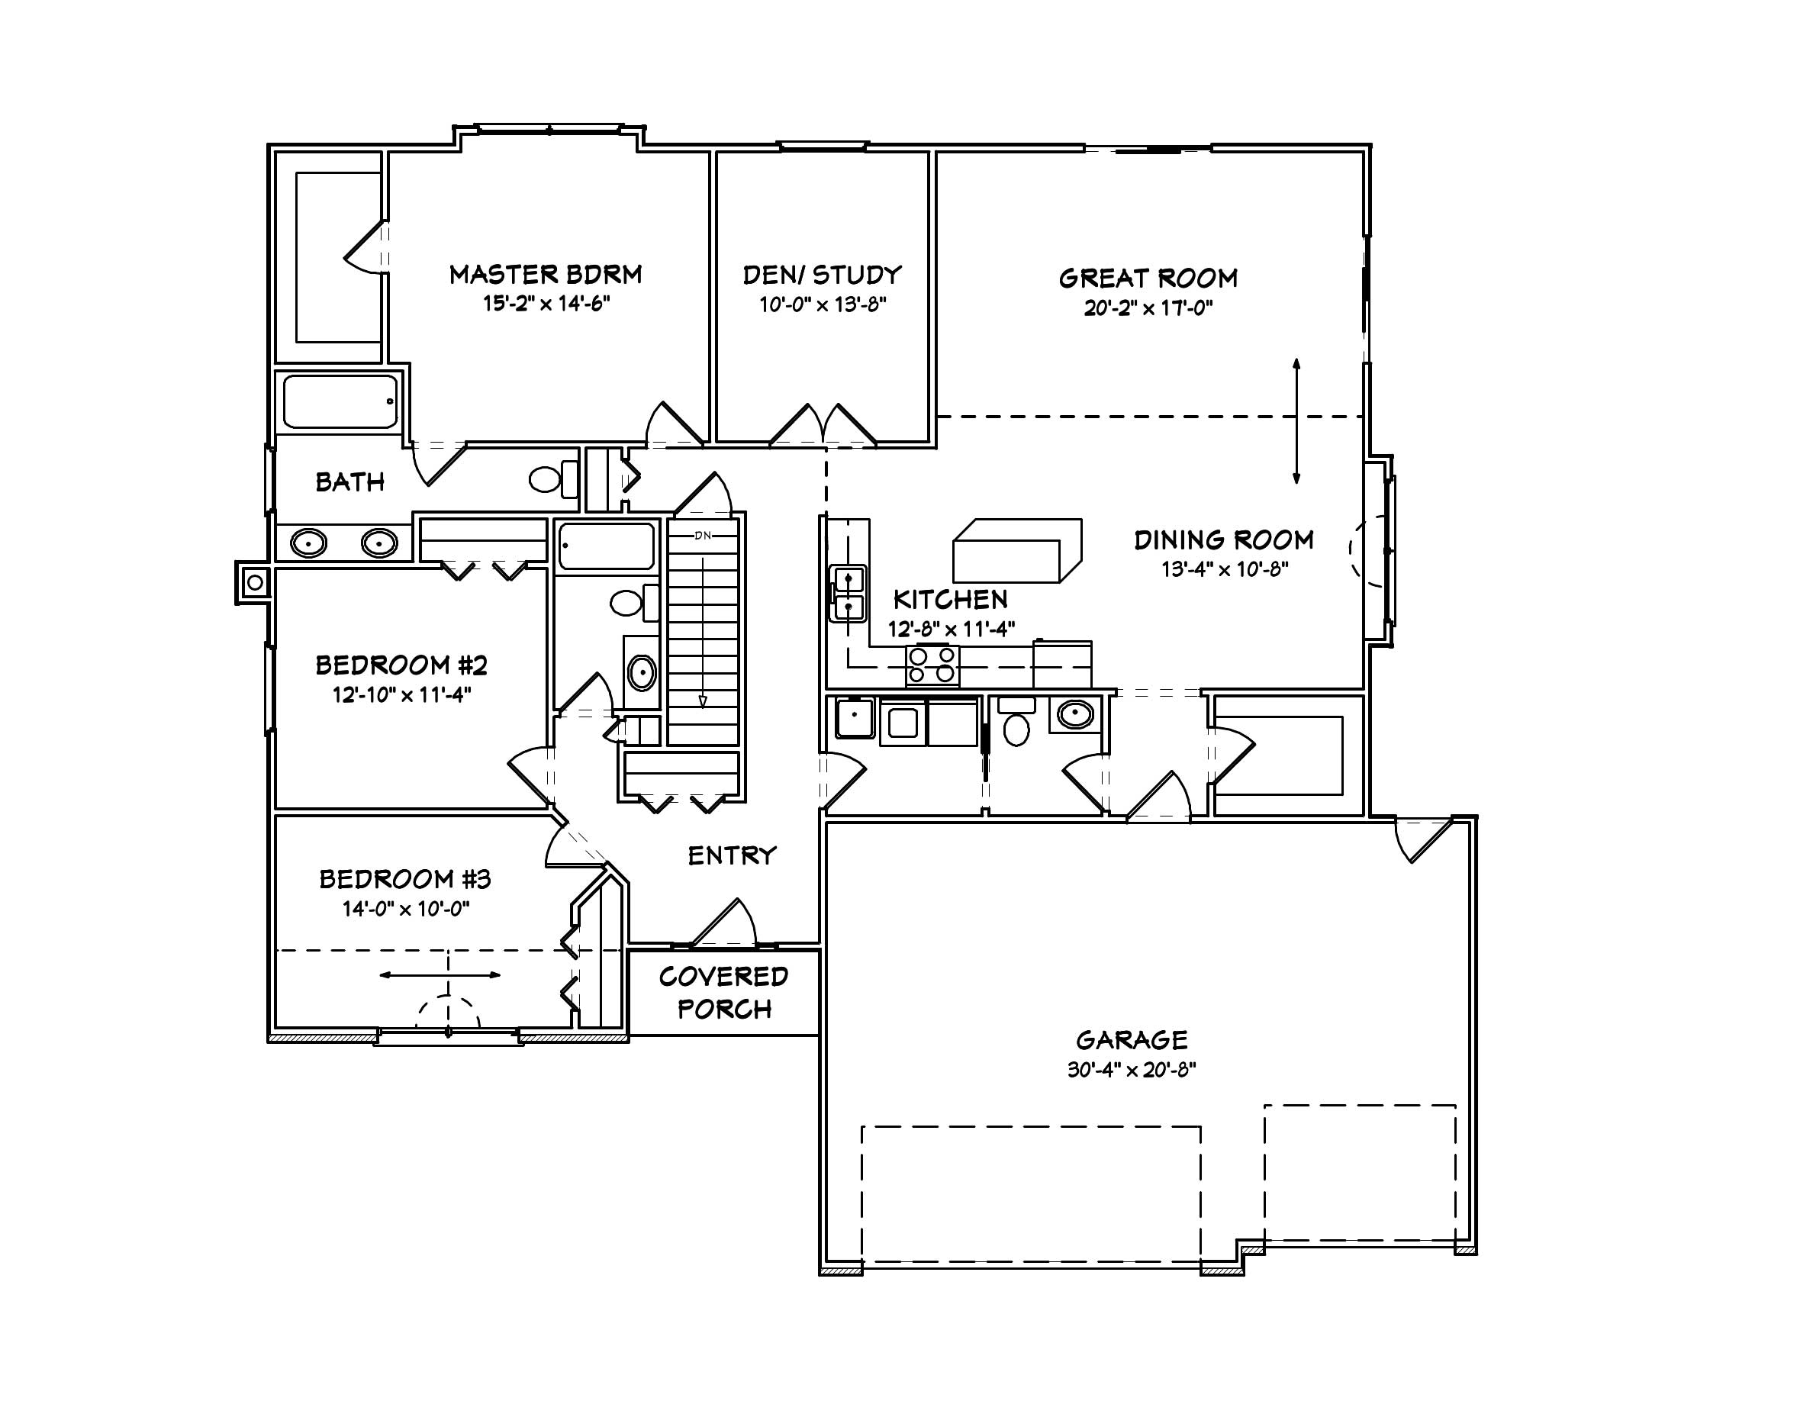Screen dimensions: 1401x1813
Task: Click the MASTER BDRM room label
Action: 546,275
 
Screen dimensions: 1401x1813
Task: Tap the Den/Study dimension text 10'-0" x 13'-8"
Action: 823,304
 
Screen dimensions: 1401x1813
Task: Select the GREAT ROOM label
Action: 1147,278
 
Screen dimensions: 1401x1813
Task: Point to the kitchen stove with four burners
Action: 932,665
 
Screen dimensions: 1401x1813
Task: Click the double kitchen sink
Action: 849,594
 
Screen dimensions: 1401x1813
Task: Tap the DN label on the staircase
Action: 702,536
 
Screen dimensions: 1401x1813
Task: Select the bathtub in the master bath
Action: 340,401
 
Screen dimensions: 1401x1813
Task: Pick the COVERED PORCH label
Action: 723,993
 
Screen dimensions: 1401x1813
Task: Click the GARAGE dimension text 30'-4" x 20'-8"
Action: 1131,1070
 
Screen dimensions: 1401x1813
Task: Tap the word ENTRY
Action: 731,855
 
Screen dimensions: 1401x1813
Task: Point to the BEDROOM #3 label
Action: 405,879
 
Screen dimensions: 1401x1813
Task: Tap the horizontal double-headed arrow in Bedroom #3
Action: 440,974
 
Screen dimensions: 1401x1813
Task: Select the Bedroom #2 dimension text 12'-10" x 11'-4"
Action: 402,694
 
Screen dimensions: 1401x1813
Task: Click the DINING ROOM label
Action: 1224,540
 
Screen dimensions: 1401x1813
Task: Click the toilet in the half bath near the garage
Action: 1016,729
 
